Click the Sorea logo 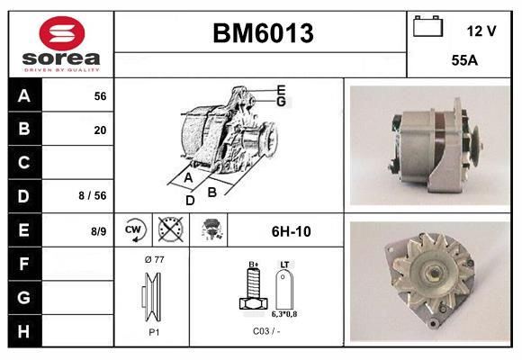point(61,44)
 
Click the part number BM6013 point(262,33)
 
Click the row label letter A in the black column point(24,96)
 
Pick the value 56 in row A point(100,96)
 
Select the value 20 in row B point(100,130)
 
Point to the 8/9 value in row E point(98,231)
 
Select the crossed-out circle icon point(166,231)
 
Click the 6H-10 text point(291,231)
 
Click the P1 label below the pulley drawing point(153,332)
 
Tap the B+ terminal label point(254,265)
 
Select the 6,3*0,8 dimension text point(285,315)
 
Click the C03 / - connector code point(265,332)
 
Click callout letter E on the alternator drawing point(281,89)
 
